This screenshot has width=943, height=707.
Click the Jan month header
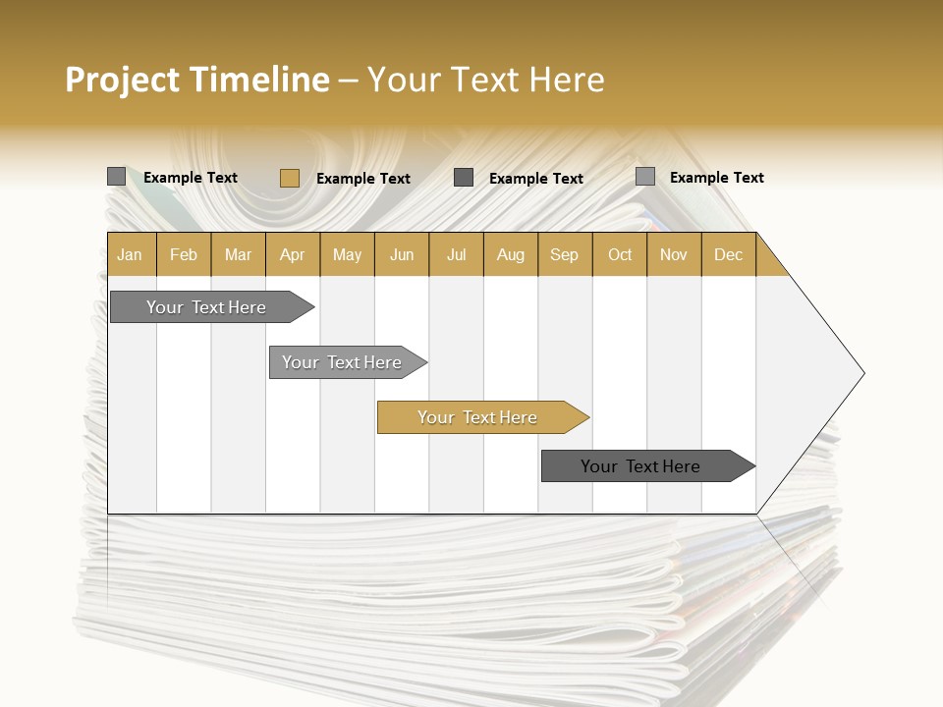130,255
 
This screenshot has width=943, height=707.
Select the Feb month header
184,255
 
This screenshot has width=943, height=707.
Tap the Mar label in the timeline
238,255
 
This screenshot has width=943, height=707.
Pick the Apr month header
293,255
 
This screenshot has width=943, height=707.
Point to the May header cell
347,255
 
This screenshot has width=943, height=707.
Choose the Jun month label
402,255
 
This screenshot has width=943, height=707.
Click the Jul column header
456,255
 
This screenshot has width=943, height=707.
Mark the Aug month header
511,255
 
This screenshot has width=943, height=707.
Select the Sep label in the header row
565,255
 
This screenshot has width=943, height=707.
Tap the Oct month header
620,255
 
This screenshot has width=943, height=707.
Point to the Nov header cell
674,255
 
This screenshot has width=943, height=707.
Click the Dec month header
729,255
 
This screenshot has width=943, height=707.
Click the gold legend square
289,178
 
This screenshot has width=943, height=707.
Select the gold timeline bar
478,417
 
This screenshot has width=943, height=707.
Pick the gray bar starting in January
207,307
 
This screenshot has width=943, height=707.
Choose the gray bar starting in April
343,362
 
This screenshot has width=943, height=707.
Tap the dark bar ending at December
641,466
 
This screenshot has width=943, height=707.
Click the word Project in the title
122,80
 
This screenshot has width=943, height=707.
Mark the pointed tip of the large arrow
862,373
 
